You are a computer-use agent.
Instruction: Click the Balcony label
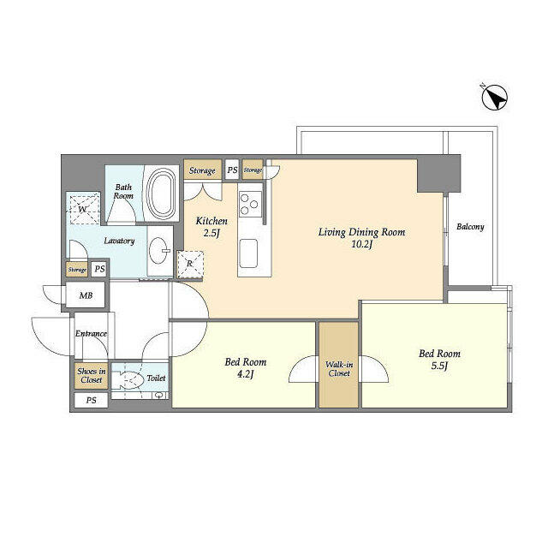tap(469, 227)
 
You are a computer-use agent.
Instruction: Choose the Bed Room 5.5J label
tap(439, 360)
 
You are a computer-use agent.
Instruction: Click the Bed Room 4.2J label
tap(246, 367)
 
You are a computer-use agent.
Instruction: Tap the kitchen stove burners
tap(248, 205)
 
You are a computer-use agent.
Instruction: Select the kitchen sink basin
tap(248, 253)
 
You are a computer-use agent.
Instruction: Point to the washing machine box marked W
tap(83, 207)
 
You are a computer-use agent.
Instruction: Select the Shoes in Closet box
tap(91, 376)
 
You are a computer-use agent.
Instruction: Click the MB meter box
tap(86, 295)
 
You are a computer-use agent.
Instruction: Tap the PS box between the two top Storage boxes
tap(231, 170)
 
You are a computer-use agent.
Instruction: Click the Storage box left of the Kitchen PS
tap(202, 170)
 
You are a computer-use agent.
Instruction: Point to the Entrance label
tap(91, 334)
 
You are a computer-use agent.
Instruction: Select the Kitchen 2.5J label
tap(211, 226)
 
